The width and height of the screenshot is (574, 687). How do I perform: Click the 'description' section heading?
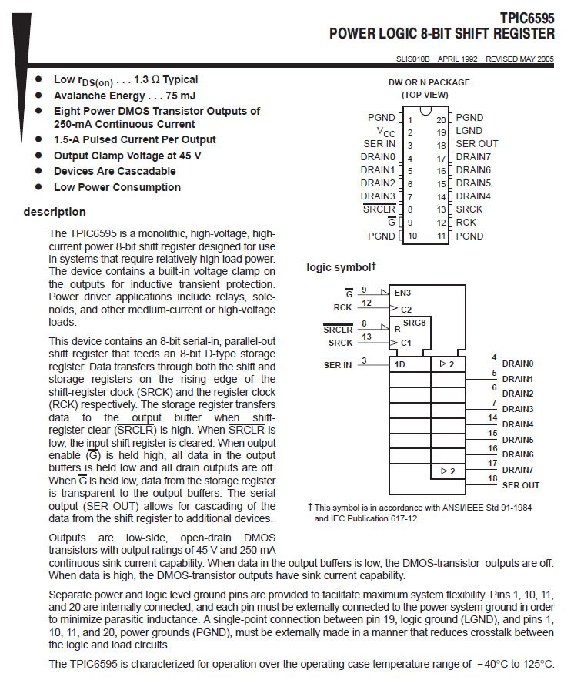point(55,212)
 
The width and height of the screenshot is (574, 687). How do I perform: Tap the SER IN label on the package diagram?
point(380,144)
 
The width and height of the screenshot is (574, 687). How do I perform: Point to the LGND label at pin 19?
point(469,131)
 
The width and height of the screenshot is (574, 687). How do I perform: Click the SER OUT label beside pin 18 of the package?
point(477,144)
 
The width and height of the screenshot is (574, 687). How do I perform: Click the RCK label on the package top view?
point(466,223)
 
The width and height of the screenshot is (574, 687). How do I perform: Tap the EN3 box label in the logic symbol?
point(403,293)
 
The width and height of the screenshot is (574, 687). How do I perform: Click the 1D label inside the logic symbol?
point(400,364)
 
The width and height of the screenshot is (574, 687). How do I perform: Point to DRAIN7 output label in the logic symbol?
point(518,470)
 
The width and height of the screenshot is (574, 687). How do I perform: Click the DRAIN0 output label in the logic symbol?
point(518,364)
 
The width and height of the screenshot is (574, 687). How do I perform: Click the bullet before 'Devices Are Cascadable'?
point(39,171)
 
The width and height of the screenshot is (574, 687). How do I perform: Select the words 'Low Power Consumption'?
point(117,187)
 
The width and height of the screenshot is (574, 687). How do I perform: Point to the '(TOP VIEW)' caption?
point(424,95)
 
